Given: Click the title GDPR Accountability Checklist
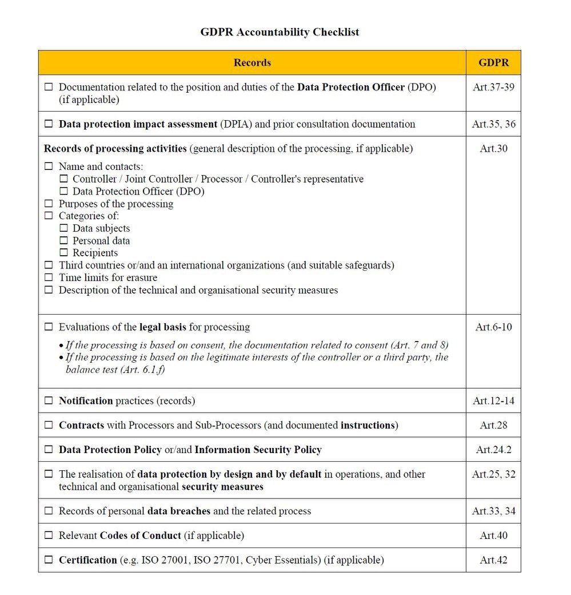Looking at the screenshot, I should (279, 32).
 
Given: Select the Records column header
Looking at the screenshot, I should (252, 63).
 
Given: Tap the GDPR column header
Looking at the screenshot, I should (493, 63).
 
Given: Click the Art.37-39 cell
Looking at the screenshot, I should (493, 88).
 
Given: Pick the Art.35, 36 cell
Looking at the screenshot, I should (493, 124).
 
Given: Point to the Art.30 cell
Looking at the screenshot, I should (493, 149).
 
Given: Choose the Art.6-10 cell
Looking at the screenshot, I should (493, 327).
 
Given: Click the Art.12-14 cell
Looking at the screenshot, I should (493, 401).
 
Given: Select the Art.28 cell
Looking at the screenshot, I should (493, 425).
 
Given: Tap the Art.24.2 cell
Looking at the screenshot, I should (493, 450).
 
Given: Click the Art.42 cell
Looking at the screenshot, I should (493, 560).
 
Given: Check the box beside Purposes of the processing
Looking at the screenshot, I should (49, 204).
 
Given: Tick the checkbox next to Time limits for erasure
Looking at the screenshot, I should (49, 278).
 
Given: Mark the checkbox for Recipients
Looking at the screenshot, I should (63, 253).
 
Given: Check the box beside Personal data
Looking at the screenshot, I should (63, 241).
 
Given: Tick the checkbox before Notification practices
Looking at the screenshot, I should (49, 401).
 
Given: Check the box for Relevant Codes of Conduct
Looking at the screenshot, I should (49, 536).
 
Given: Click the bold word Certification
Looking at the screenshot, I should (87, 560).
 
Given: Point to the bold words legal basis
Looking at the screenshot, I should (162, 327).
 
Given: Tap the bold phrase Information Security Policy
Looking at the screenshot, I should (258, 450).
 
